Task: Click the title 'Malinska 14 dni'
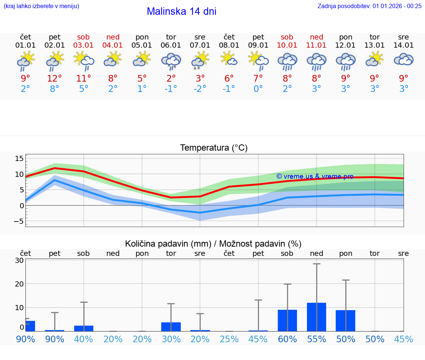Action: pos(182,11)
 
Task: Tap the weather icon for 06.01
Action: pos(171,61)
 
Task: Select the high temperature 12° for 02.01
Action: pos(55,78)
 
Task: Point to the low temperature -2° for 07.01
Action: pos(200,89)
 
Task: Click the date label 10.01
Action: pos(287,45)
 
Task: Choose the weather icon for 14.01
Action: pos(404,60)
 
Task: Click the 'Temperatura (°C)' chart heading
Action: pos(214,148)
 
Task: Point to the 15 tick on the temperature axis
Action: pos(19,158)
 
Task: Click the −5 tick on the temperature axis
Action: pos(18,221)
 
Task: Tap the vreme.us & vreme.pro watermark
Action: pos(315,176)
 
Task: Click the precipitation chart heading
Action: pos(213,244)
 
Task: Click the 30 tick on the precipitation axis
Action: pos(19,260)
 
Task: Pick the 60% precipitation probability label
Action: pos(287,339)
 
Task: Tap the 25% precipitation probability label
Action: pos(229,339)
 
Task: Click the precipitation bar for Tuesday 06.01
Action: pos(171,327)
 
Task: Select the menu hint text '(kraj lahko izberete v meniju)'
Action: pos(41,6)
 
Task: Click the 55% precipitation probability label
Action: pos(317,339)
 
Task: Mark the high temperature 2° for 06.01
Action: pos(171,78)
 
